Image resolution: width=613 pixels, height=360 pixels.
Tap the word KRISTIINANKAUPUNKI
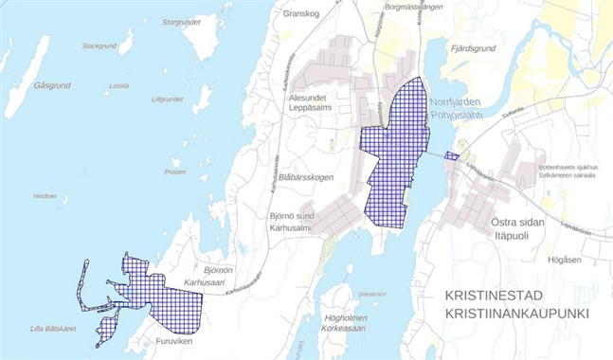click(517, 314)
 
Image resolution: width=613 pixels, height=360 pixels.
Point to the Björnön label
click(217, 270)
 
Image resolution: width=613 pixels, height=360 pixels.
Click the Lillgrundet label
click(167, 99)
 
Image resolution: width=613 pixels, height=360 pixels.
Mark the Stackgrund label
click(99, 45)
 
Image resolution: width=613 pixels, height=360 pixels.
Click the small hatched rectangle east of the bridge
click(452, 157)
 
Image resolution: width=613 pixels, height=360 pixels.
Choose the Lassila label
click(118, 85)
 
